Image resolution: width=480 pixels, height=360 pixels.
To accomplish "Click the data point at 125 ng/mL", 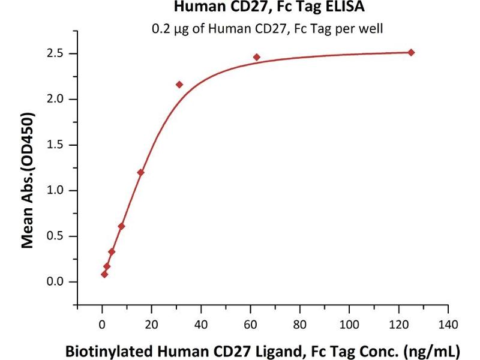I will point(411,52).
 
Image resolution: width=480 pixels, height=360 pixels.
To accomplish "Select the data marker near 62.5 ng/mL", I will point(257,57).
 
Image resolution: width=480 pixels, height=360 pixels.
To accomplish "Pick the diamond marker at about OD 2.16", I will point(179,85).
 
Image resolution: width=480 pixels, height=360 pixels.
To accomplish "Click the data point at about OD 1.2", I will point(141,172).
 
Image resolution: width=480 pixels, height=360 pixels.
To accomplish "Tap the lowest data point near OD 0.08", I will point(104,274).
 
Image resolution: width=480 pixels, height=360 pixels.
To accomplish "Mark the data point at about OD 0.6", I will point(121,226).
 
